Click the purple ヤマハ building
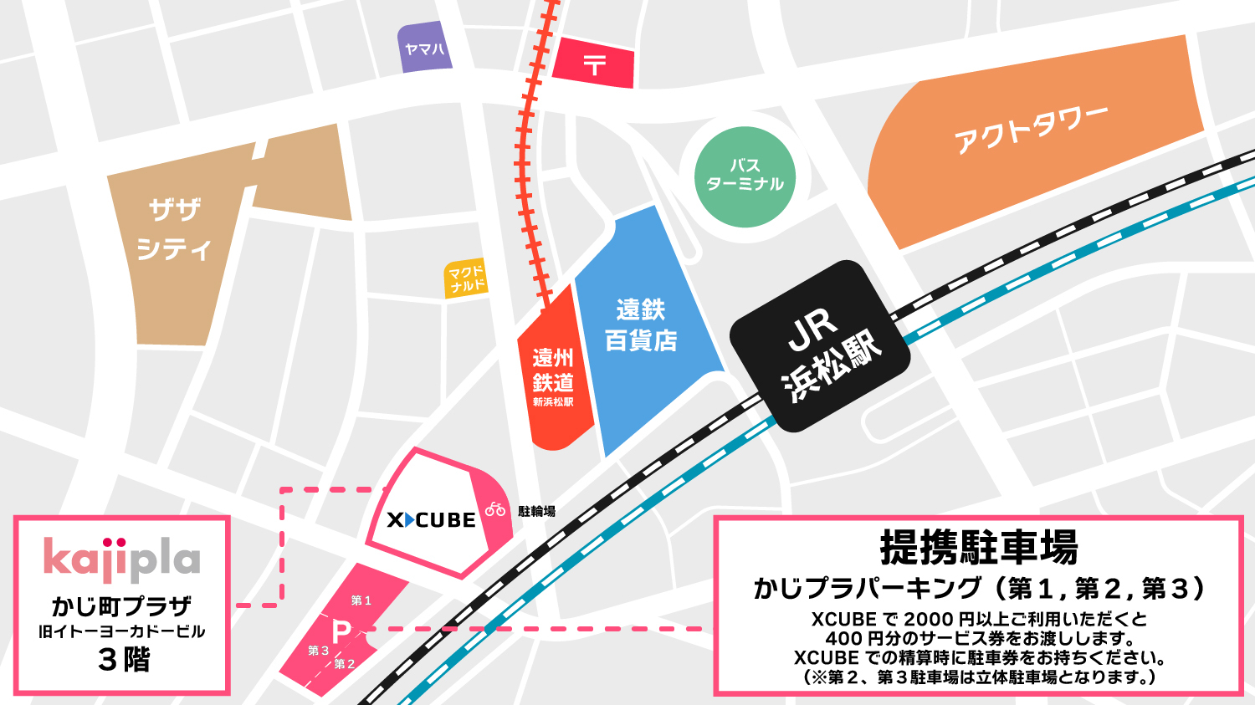click(424, 49)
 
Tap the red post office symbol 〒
click(594, 64)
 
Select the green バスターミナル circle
click(745, 176)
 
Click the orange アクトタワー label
click(1031, 130)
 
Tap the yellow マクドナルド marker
click(466, 278)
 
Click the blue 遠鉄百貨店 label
click(641, 325)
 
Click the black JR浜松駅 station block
click(821, 346)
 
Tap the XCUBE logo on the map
click(431, 520)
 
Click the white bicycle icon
click(495, 508)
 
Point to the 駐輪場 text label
click(536, 511)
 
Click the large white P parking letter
click(341, 632)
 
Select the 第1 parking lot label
click(361, 600)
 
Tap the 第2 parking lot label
click(344, 664)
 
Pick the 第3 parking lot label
click(318, 650)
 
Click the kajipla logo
click(122, 559)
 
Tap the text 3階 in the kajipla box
click(123, 660)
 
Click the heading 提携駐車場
click(978, 548)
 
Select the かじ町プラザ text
click(122, 605)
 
